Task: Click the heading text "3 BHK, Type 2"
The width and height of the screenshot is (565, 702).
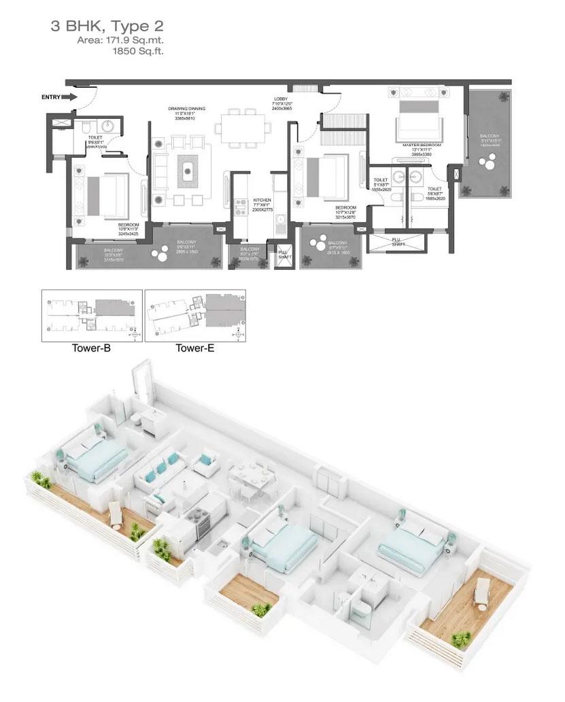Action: click(x=107, y=27)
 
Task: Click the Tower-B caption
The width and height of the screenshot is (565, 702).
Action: click(x=91, y=349)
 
